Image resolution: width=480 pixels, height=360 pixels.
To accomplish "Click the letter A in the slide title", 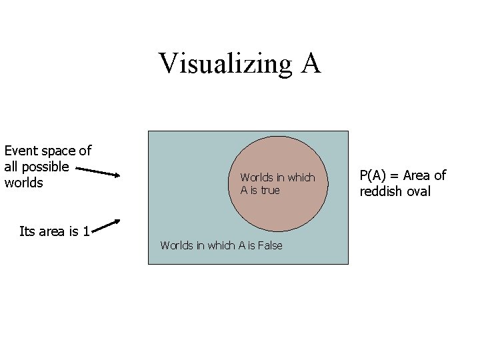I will click(x=310, y=63).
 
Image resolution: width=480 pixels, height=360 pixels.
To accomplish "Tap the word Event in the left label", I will click(x=21, y=151).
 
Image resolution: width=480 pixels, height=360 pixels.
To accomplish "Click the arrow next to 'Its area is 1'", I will click(x=106, y=227).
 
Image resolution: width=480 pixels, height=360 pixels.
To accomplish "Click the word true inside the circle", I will click(x=270, y=190).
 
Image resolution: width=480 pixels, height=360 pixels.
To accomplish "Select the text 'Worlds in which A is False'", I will click(x=221, y=245).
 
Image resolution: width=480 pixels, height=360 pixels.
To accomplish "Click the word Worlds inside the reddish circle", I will click(x=256, y=177).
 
